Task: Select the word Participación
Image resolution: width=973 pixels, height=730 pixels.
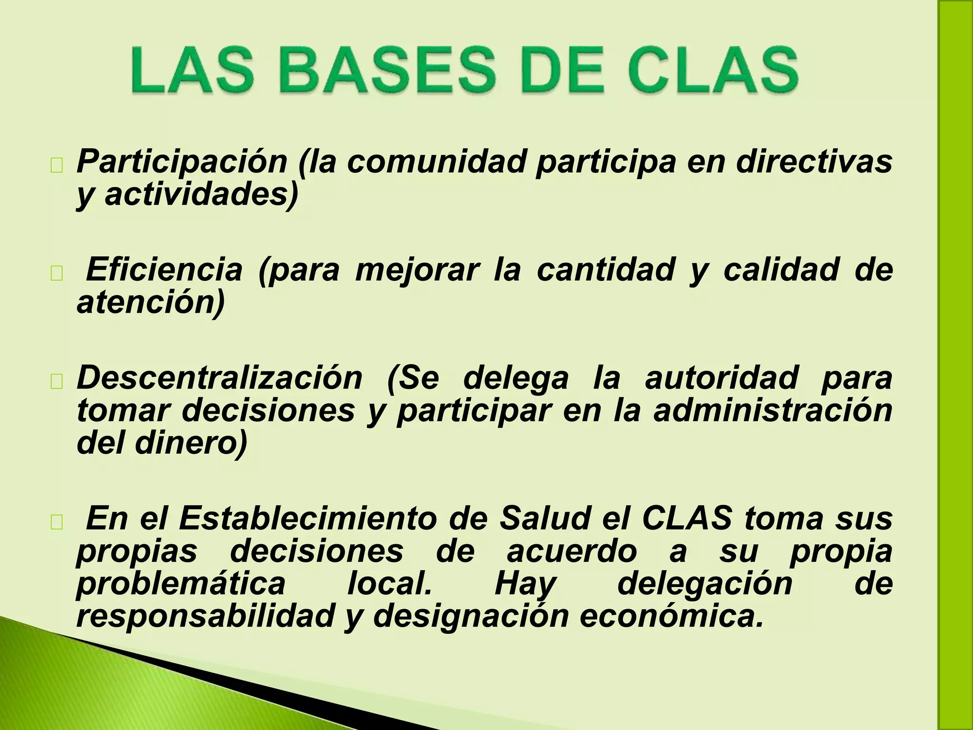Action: click(x=181, y=163)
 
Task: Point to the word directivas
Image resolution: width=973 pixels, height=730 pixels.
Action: click(x=814, y=162)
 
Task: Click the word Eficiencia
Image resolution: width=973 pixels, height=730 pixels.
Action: click(x=164, y=269)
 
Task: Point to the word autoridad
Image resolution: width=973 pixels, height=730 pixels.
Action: click(x=721, y=378)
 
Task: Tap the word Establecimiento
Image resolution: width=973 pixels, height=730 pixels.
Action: click(x=307, y=519)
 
